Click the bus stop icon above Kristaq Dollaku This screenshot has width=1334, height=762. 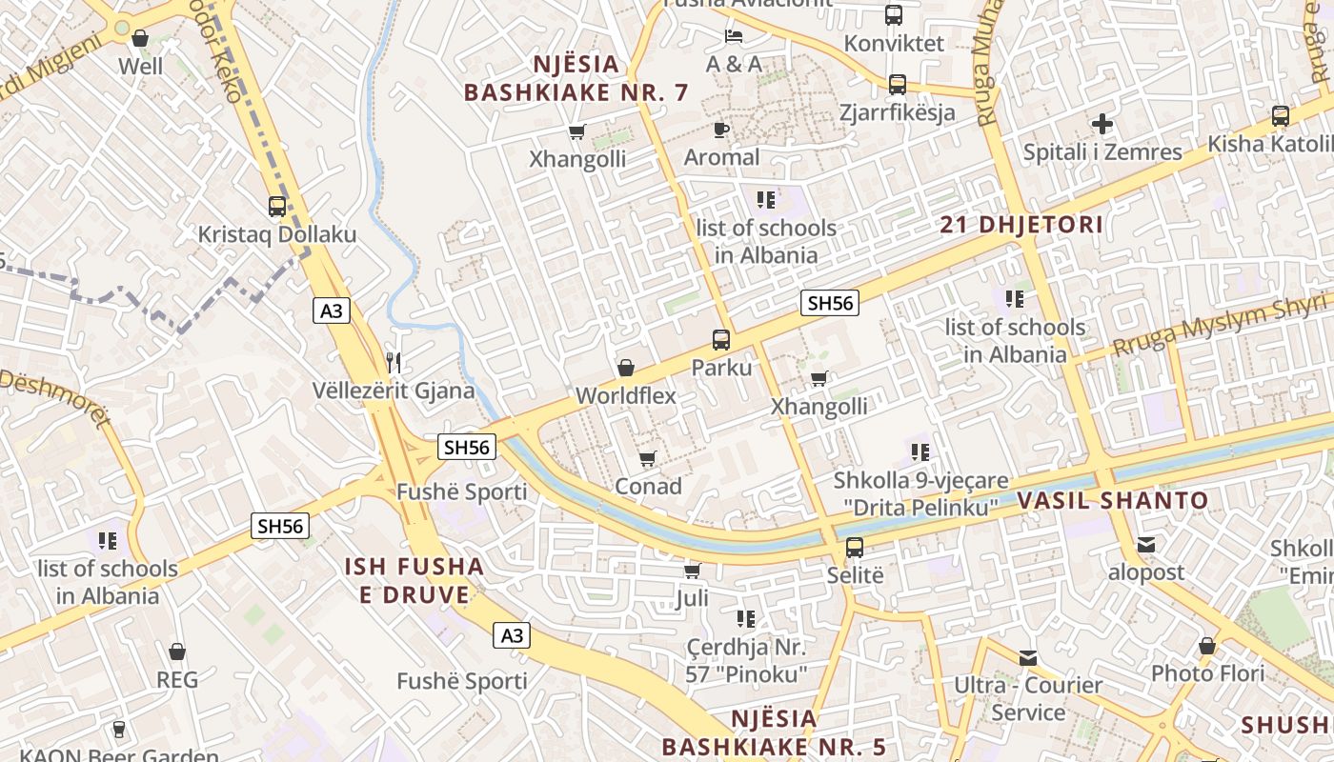[x=277, y=206]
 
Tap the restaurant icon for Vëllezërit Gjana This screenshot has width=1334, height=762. [x=394, y=362]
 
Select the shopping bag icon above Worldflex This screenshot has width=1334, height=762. [x=626, y=368]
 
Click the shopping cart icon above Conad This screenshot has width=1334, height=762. [x=648, y=459]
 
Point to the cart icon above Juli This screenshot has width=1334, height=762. [x=693, y=571]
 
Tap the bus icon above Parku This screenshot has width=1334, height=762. [x=721, y=340]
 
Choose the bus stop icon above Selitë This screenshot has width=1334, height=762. [x=855, y=548]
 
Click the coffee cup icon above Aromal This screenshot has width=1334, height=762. [x=721, y=130]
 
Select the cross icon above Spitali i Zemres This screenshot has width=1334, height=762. [x=1102, y=124]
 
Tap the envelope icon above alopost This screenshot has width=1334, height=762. [x=1145, y=545]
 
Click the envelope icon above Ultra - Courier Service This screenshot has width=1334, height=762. [x=1028, y=657]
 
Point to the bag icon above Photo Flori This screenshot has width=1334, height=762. [x=1207, y=646]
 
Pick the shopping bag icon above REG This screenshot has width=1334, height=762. [x=176, y=652]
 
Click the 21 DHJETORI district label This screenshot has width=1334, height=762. [x=1021, y=226]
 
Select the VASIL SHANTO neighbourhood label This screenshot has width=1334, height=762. [x=1113, y=501]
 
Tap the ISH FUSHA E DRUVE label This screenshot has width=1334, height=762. [x=414, y=581]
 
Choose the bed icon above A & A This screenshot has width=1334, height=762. [x=734, y=36]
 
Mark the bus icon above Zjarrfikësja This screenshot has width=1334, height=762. [x=897, y=85]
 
